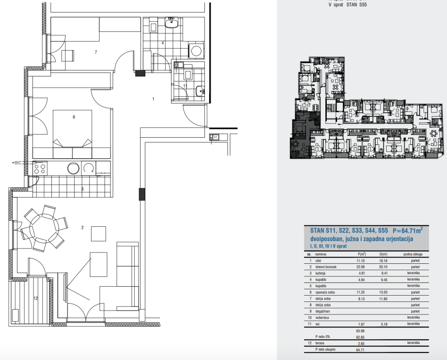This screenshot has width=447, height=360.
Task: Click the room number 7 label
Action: pos(96,52)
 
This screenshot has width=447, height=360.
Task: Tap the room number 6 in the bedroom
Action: pos(74,117)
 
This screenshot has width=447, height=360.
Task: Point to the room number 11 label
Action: pos(185,85)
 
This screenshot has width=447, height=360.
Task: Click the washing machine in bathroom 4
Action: pos(195,51)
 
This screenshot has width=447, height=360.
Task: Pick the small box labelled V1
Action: pos(214,137)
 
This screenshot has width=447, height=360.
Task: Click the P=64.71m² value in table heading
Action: pos(408,231)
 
